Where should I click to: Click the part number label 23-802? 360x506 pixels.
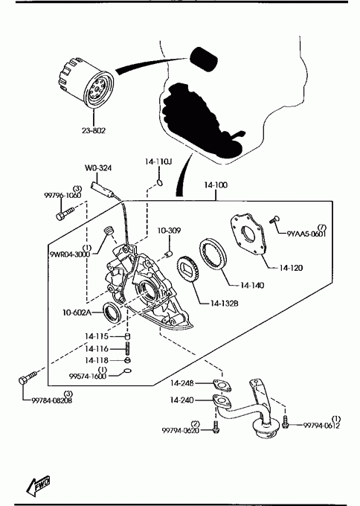pyautogui.click(x=93, y=130)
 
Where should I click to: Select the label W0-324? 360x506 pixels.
pyautogui.click(x=98, y=168)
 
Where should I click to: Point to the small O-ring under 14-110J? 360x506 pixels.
pyautogui.click(x=160, y=183)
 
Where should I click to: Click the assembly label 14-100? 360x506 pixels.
pyautogui.click(x=216, y=185)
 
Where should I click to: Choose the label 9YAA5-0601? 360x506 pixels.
pyautogui.click(x=306, y=234)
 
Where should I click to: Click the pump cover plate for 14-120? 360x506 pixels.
pyautogui.click(x=248, y=234)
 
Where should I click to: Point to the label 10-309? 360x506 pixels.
pyautogui.click(x=169, y=231)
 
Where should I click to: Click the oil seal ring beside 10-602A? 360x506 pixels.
pyautogui.click(x=112, y=312)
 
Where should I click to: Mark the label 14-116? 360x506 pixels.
pyautogui.click(x=97, y=349)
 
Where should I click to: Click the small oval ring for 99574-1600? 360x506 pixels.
pyautogui.click(x=127, y=371)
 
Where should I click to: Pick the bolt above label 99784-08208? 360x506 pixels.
pyautogui.click(x=28, y=377)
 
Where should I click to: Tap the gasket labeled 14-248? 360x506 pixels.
pyautogui.click(x=222, y=385)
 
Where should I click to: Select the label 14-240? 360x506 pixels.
pyautogui.click(x=182, y=400)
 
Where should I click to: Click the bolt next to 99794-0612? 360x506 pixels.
pyautogui.click(x=285, y=422)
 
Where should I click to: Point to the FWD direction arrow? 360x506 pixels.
pyautogui.click(x=38, y=485)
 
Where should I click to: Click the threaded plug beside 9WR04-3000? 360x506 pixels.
pyautogui.click(x=109, y=231)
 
